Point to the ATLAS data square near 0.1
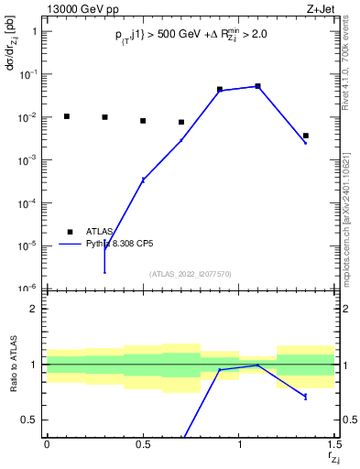click(x=66, y=116)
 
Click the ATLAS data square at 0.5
click(x=143, y=121)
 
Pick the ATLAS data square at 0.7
click(x=181, y=122)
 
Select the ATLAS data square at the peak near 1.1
click(x=258, y=86)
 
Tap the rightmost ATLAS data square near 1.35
click(x=306, y=136)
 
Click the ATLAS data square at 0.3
click(x=104, y=117)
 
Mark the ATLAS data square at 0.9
click(x=220, y=90)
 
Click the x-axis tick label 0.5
click(x=143, y=444)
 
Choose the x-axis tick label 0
click(x=47, y=444)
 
